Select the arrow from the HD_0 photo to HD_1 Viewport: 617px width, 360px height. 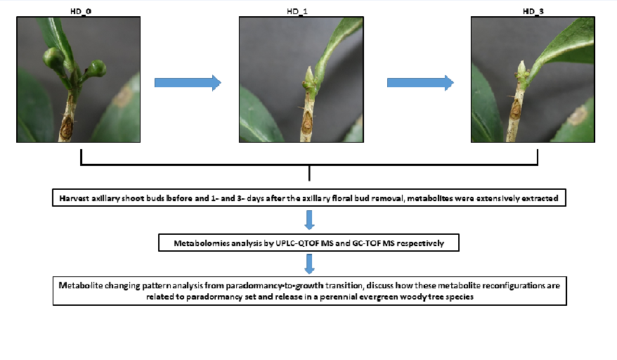187,83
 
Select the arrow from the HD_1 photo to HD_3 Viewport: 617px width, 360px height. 420,83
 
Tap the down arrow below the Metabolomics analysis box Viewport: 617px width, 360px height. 309,264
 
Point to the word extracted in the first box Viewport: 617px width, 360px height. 539,199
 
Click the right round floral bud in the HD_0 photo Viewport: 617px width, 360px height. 96,68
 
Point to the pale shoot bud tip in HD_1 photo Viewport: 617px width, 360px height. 308,73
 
